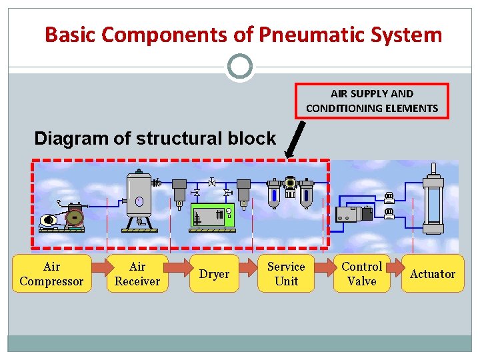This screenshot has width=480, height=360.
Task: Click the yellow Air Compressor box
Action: pyautogui.click(x=51, y=274)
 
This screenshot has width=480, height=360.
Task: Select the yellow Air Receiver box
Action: pyautogui.click(x=137, y=274)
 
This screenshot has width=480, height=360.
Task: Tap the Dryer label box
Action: pyautogui.click(x=214, y=274)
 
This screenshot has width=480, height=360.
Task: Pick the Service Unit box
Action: pyautogui.click(x=286, y=274)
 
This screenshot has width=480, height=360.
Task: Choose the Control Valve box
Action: pyautogui.click(x=361, y=274)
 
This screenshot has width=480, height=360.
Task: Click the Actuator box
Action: pyautogui.click(x=432, y=274)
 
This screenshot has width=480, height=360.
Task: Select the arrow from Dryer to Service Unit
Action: pyautogui.click(x=249, y=269)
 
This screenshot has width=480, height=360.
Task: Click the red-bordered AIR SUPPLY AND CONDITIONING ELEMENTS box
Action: pyautogui.click(x=372, y=101)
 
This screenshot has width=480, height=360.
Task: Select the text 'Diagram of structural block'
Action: pyautogui.click(x=155, y=139)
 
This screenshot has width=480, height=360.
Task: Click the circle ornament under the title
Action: pyautogui.click(x=240, y=67)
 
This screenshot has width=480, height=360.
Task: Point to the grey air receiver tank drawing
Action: pyautogui.click(x=139, y=200)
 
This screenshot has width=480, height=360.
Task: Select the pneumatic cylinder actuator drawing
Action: pyautogui.click(x=433, y=203)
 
